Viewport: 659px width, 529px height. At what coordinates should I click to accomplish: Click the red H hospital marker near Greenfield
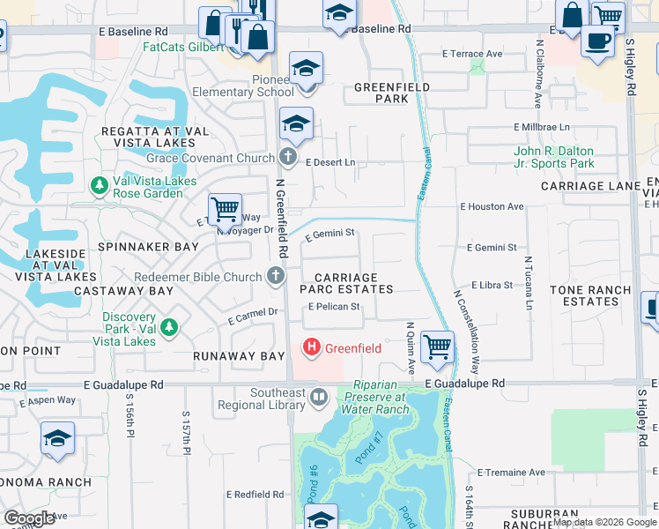point(311,348)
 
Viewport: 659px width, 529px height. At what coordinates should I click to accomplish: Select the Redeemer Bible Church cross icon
point(275,277)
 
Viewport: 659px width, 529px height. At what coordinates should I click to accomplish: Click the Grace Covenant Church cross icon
point(287,158)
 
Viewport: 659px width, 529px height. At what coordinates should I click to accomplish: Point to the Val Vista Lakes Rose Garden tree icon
point(99,185)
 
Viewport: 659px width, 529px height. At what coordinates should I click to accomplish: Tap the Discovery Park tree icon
point(168,329)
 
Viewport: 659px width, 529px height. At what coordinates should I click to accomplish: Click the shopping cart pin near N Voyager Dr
point(225,210)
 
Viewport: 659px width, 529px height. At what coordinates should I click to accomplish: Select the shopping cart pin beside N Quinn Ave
point(437,346)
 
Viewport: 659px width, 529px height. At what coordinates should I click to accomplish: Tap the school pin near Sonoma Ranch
point(57,438)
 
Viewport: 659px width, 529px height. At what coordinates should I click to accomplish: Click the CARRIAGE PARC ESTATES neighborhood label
point(345,283)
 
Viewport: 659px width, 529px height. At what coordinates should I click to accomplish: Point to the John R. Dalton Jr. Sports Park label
point(553,157)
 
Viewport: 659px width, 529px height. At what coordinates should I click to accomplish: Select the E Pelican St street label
point(334,307)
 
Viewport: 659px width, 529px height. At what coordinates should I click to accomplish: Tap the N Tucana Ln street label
point(529,283)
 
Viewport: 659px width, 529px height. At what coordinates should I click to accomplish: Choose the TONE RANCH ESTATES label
point(590,295)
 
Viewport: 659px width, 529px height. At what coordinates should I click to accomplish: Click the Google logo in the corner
point(29,518)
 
